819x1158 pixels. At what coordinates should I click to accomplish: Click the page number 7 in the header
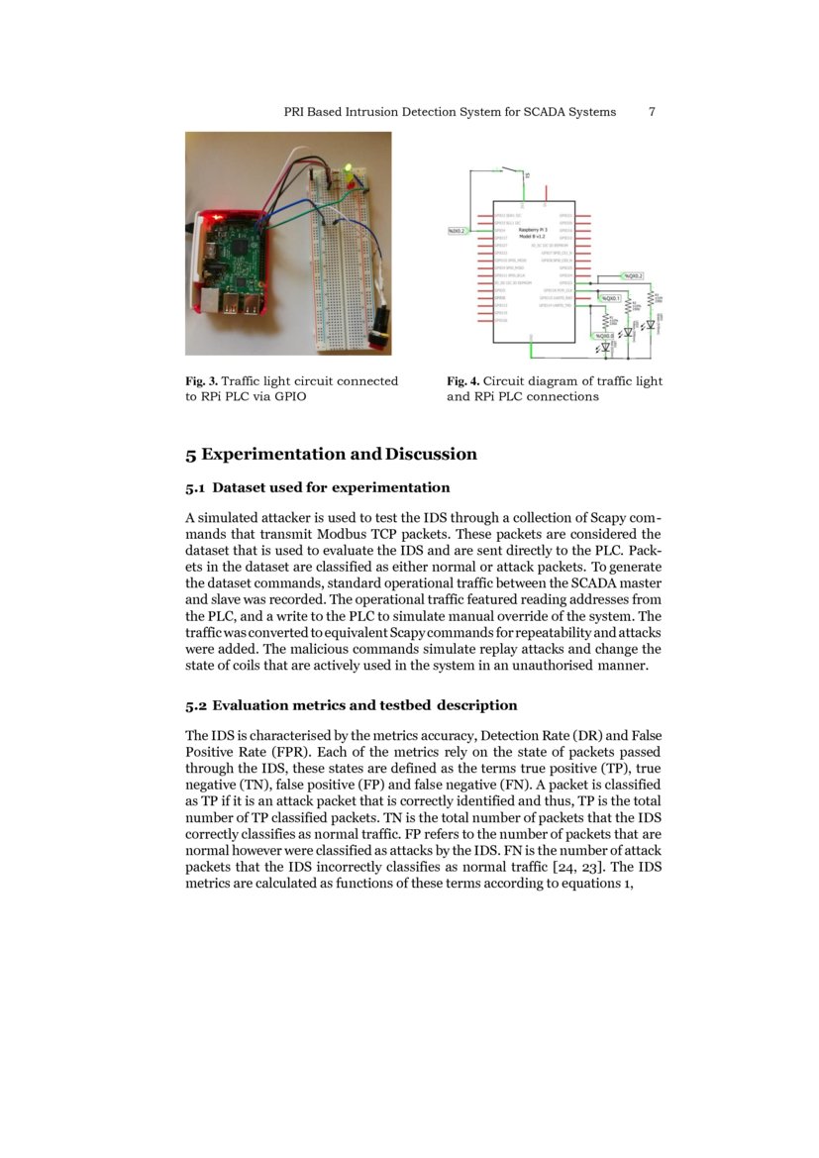tap(652, 112)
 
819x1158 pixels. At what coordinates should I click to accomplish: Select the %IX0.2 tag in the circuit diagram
tap(458, 230)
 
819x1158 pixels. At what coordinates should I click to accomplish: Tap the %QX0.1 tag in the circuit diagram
tap(610, 297)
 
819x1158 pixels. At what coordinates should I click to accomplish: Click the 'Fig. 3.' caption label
tap(201, 381)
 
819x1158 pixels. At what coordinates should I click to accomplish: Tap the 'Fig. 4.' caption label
tap(462, 381)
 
